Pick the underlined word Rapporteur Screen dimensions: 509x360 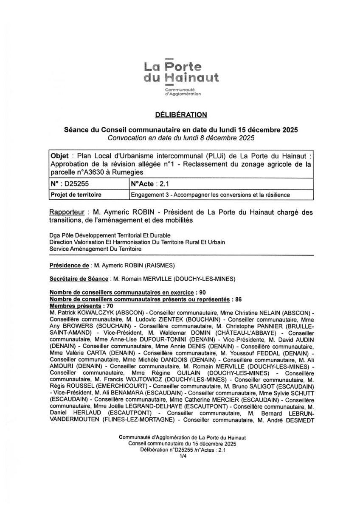pos(66,212)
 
